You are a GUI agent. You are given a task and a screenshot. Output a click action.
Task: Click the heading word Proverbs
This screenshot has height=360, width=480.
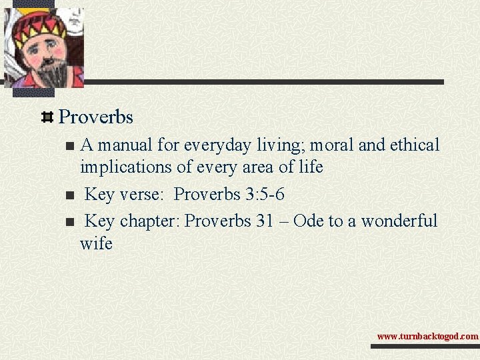coord(96,117)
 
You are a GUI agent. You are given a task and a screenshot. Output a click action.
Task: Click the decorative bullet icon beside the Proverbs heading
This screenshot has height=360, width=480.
coord(48,117)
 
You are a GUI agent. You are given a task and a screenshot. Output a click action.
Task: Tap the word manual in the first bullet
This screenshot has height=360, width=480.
coord(131,145)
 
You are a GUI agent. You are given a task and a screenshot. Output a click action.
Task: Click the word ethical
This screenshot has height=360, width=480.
coord(412,145)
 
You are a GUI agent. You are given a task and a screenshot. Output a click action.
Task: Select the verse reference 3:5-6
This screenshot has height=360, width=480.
coord(265,194)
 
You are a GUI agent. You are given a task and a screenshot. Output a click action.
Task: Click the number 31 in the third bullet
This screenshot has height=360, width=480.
coord(265,221)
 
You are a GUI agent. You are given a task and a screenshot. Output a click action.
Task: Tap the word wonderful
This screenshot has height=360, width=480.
coord(398,221)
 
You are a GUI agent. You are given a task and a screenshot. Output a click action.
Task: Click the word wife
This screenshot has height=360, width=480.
coord(96,243)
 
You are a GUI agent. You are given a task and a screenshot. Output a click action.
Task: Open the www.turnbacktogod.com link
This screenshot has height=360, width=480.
coord(427,337)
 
